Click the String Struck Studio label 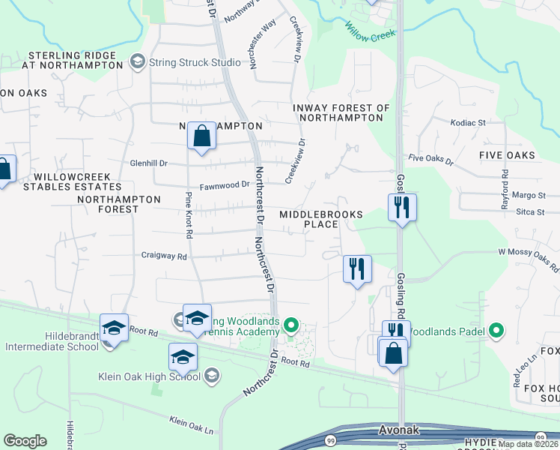[x=189, y=62]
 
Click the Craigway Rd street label [x=164, y=256]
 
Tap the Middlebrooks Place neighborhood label [x=320, y=219]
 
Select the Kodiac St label [x=468, y=122]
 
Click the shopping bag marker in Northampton [x=201, y=136]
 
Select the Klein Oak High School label [x=150, y=376]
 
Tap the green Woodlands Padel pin [x=496, y=330]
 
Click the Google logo [x=25, y=441]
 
